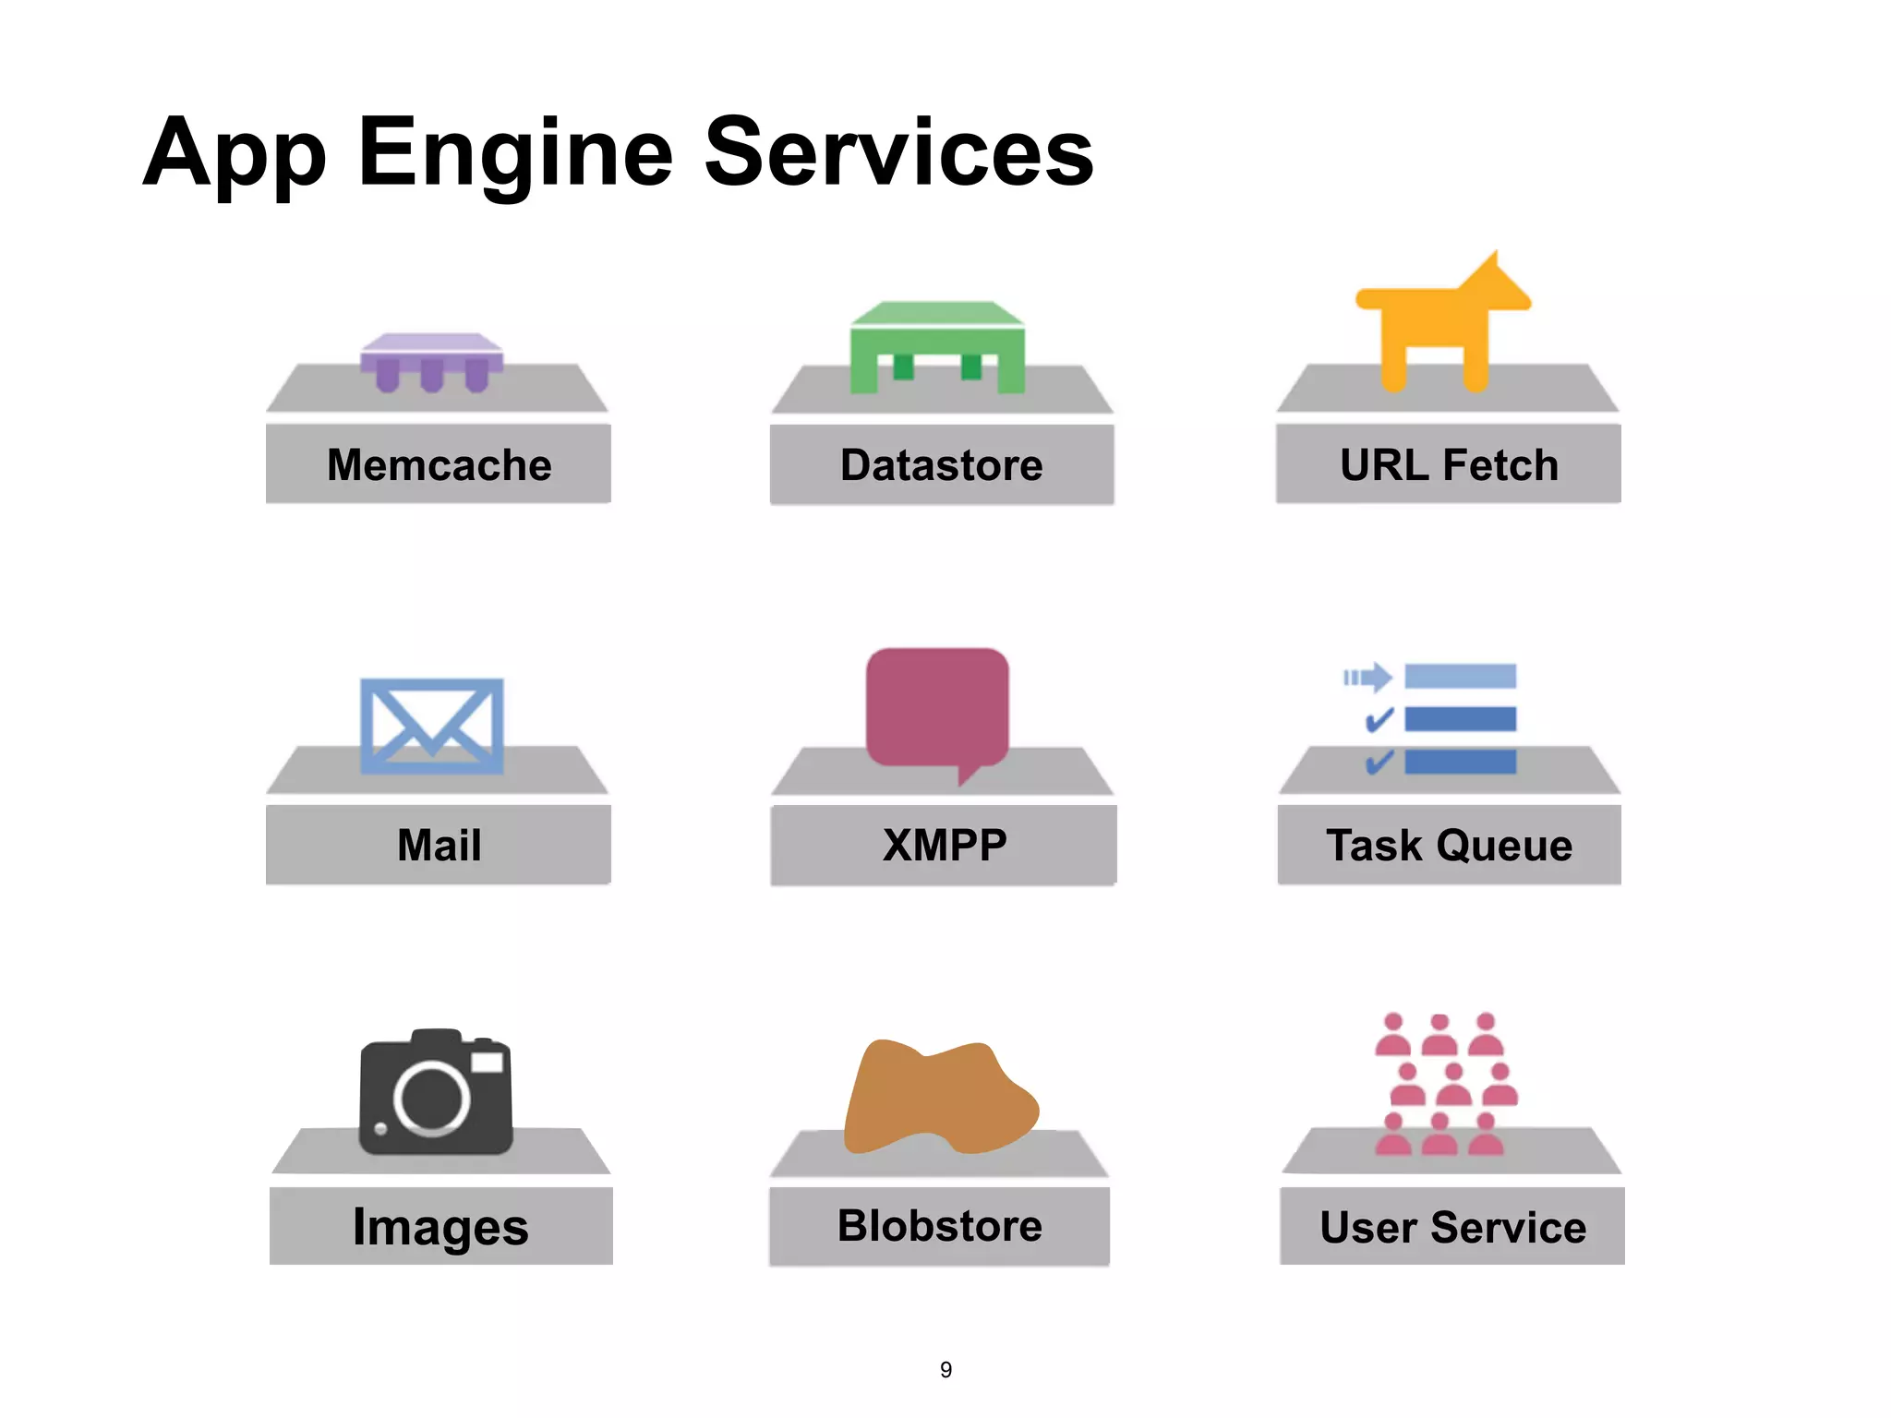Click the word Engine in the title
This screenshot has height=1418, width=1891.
515,153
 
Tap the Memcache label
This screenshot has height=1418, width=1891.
439,464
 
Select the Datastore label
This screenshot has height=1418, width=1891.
941,464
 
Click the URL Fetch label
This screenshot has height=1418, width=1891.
1448,464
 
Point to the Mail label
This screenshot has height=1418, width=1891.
439,845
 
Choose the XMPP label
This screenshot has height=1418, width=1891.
944,845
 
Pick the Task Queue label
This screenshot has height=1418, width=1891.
1449,845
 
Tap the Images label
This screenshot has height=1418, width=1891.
440,1227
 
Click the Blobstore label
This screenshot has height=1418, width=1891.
939,1225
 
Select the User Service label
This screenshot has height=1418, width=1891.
1452,1227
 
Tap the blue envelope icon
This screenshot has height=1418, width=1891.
431,726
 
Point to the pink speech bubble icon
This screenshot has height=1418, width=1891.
937,709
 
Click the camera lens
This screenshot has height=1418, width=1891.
431,1098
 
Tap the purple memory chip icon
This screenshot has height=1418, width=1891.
431,360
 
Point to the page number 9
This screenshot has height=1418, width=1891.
945,1370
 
